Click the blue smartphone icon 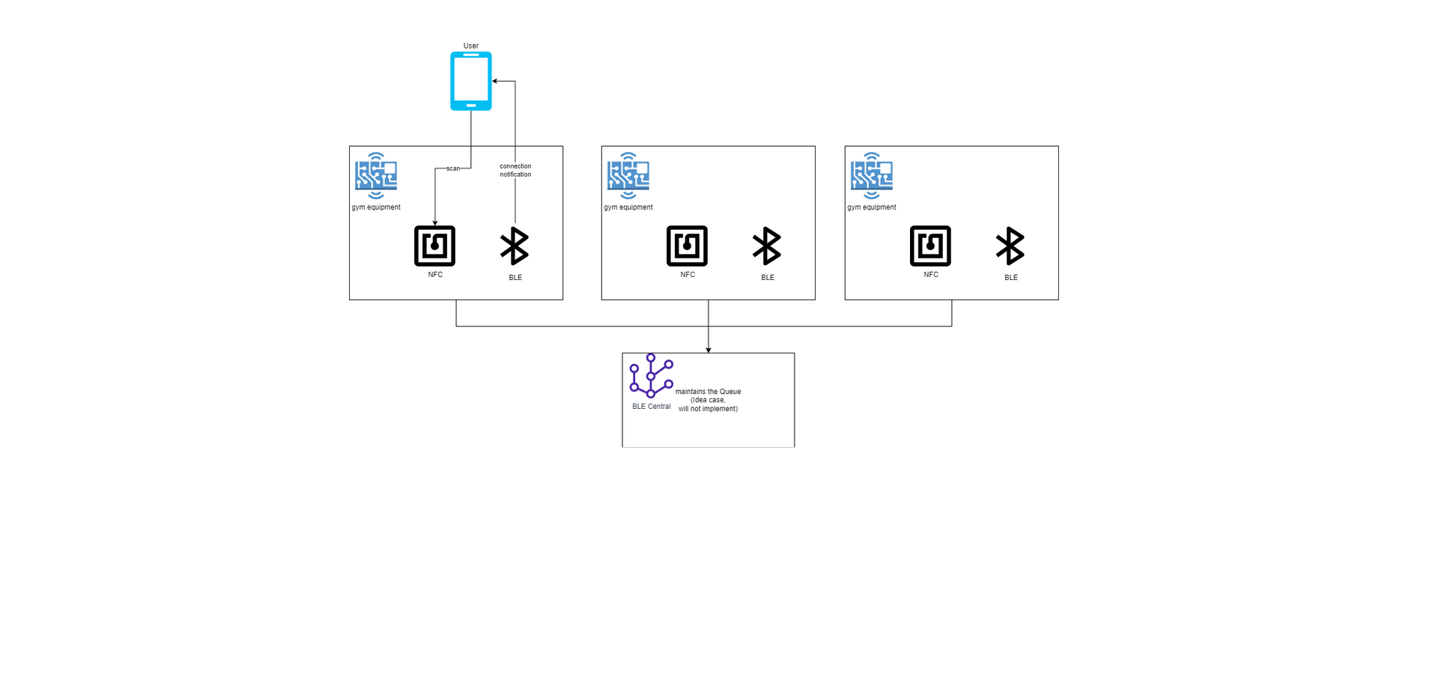pyautogui.click(x=470, y=81)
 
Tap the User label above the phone pyautogui.click(x=470, y=46)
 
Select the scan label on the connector pyautogui.click(x=453, y=169)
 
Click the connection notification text pyautogui.click(x=515, y=171)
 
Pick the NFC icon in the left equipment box pyautogui.click(x=434, y=246)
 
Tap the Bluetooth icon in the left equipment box pyautogui.click(x=515, y=246)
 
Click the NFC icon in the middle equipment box pyautogui.click(x=687, y=246)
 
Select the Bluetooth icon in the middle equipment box pyautogui.click(x=767, y=246)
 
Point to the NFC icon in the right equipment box pyautogui.click(x=930, y=246)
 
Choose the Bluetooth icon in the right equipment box pyautogui.click(x=1010, y=246)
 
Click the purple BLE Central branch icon pyautogui.click(x=651, y=376)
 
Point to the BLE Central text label pyautogui.click(x=652, y=407)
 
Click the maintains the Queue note pyautogui.click(x=708, y=400)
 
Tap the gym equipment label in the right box pyautogui.click(x=872, y=207)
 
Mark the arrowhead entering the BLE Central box pyautogui.click(x=709, y=350)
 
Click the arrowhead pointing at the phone pyautogui.click(x=495, y=81)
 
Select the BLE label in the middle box pyautogui.click(x=768, y=278)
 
